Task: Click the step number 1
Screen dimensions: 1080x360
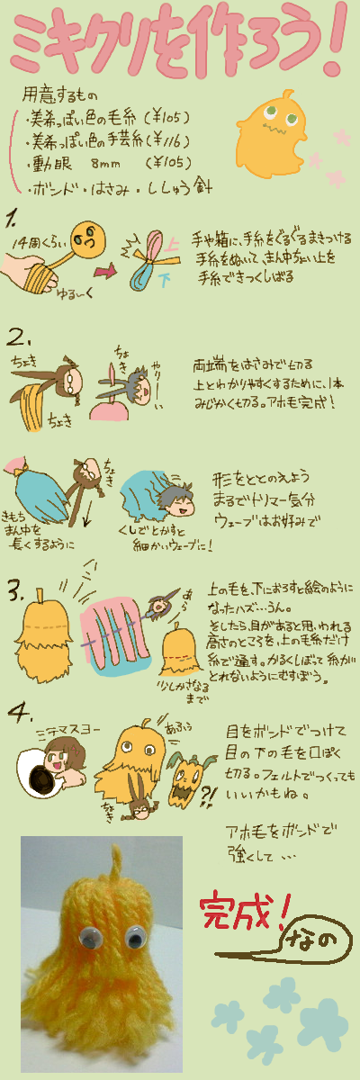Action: click(x=13, y=219)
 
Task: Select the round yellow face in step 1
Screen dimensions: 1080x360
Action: click(x=88, y=238)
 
